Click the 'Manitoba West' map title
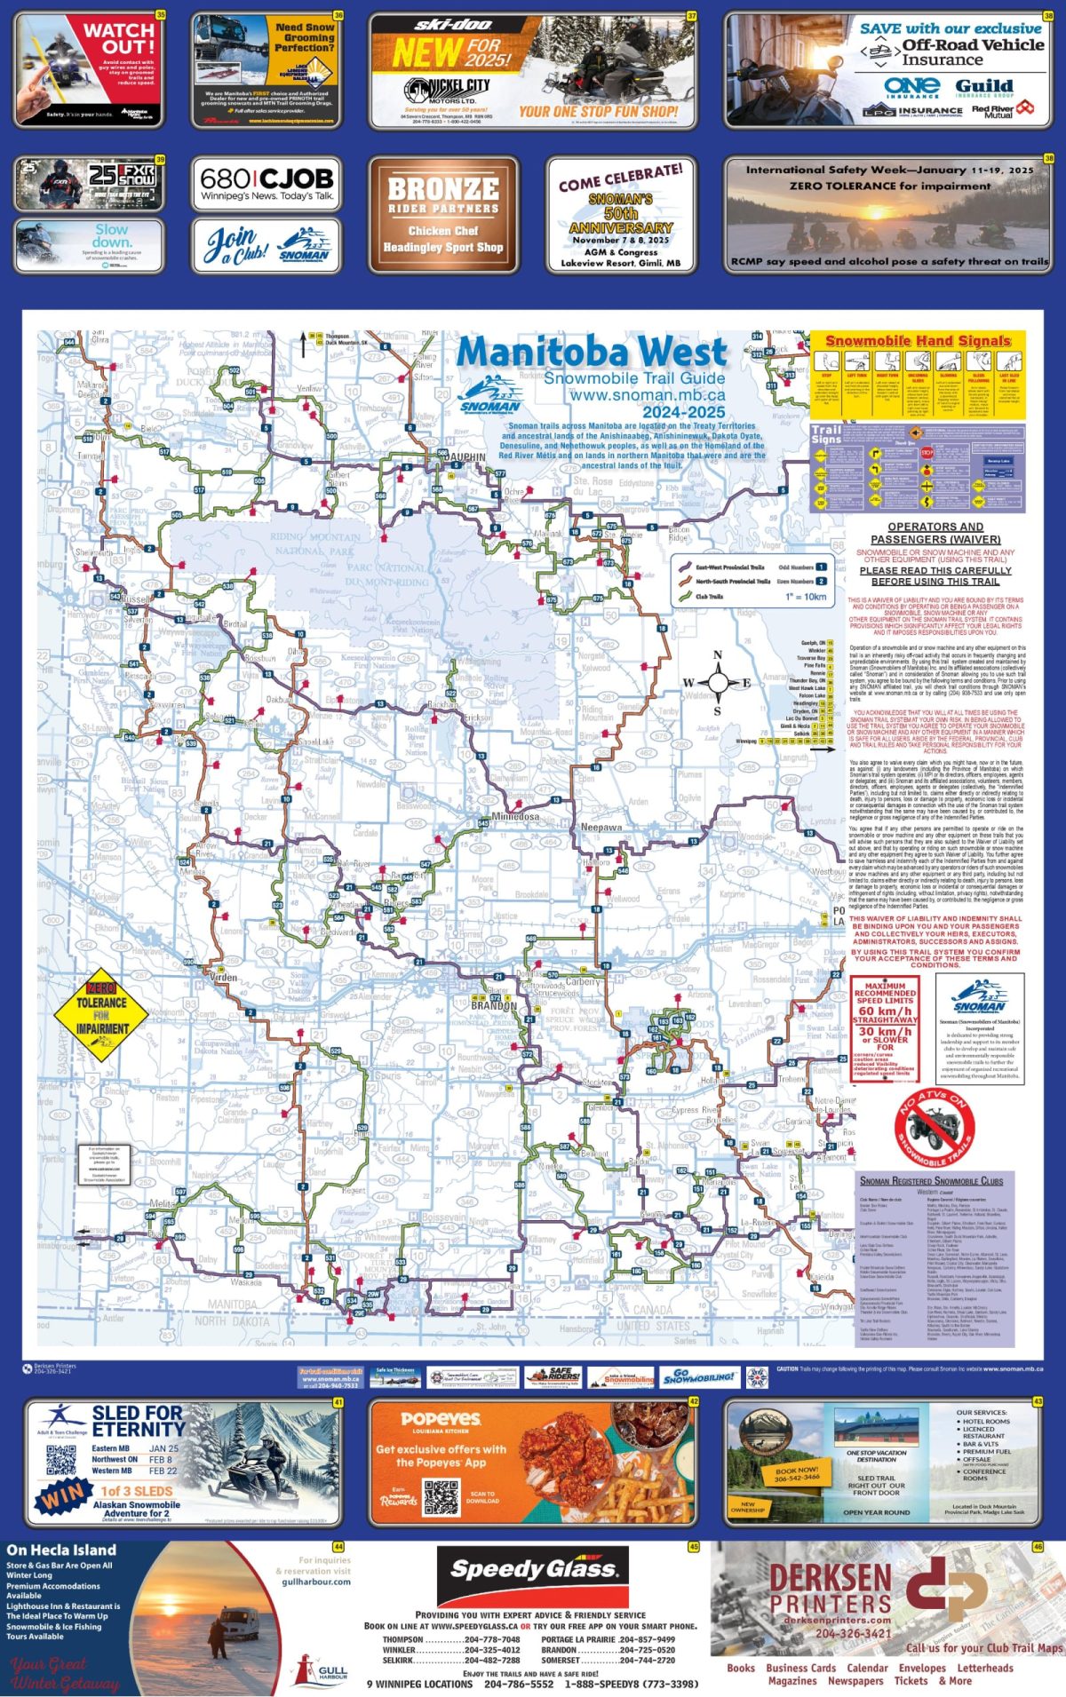tap(592, 353)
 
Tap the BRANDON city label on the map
tap(493, 1005)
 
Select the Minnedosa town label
tap(515, 816)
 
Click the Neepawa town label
tap(601, 827)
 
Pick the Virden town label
tap(223, 977)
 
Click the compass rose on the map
tap(718, 682)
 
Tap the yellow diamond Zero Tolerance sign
tap(102, 1015)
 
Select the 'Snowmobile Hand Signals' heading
tap(918, 341)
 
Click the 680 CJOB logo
tap(266, 178)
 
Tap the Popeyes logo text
tap(440, 1419)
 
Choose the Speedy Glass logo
tap(532, 1570)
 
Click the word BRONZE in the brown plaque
tap(443, 188)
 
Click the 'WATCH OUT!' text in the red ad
tap(118, 37)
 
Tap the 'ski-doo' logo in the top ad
tap(452, 24)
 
